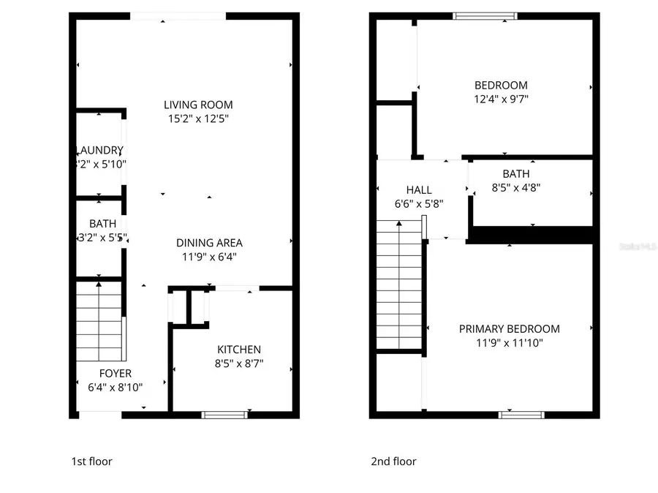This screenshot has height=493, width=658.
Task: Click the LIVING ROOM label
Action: click(198, 105)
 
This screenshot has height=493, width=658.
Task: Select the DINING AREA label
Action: click(209, 243)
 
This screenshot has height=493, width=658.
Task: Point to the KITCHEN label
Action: click(238, 350)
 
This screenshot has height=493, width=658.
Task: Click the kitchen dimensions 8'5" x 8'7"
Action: click(238, 364)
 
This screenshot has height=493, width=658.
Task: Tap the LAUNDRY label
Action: click(101, 150)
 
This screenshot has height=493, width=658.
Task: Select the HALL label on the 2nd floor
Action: click(418, 189)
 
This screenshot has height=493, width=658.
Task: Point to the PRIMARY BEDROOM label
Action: click(509, 329)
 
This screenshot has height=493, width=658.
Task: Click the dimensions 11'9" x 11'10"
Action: click(509, 343)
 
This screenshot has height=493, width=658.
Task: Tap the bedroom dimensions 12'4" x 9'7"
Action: click(501, 99)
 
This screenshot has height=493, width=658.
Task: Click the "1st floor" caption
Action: click(91, 462)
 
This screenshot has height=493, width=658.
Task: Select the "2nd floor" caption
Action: click(393, 462)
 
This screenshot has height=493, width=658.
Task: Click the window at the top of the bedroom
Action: click(485, 15)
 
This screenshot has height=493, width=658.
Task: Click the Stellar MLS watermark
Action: click(637, 247)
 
